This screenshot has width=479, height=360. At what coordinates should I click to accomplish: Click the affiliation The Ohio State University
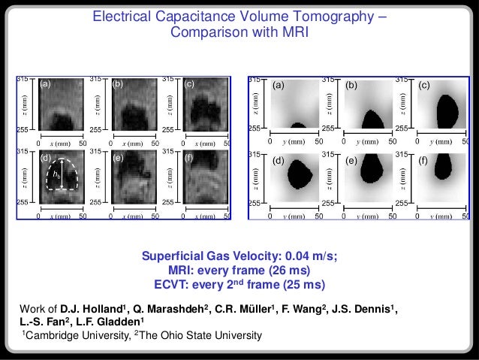point(200,336)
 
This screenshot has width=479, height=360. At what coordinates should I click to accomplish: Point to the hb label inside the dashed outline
point(56,174)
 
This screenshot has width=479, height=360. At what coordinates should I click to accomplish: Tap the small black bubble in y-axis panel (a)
point(297,126)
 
